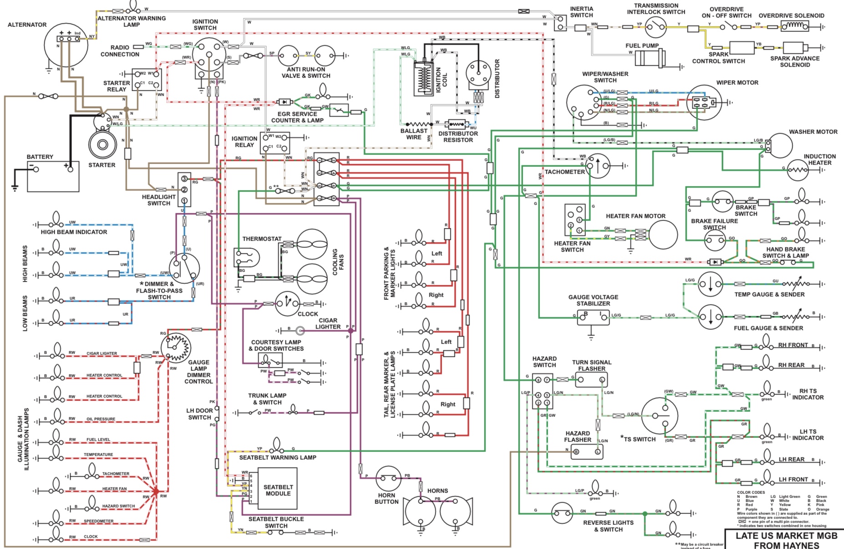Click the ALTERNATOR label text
(27, 25)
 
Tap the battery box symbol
(53, 176)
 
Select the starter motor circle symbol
(102, 144)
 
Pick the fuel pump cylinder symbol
(651, 59)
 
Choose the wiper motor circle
(704, 103)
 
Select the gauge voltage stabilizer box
(593, 317)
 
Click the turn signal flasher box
(591, 380)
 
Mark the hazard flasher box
(587, 452)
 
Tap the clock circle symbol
(287, 303)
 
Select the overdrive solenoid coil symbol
(795, 26)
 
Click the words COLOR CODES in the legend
(751, 493)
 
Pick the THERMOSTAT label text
(262, 239)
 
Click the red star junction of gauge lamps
(156, 492)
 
